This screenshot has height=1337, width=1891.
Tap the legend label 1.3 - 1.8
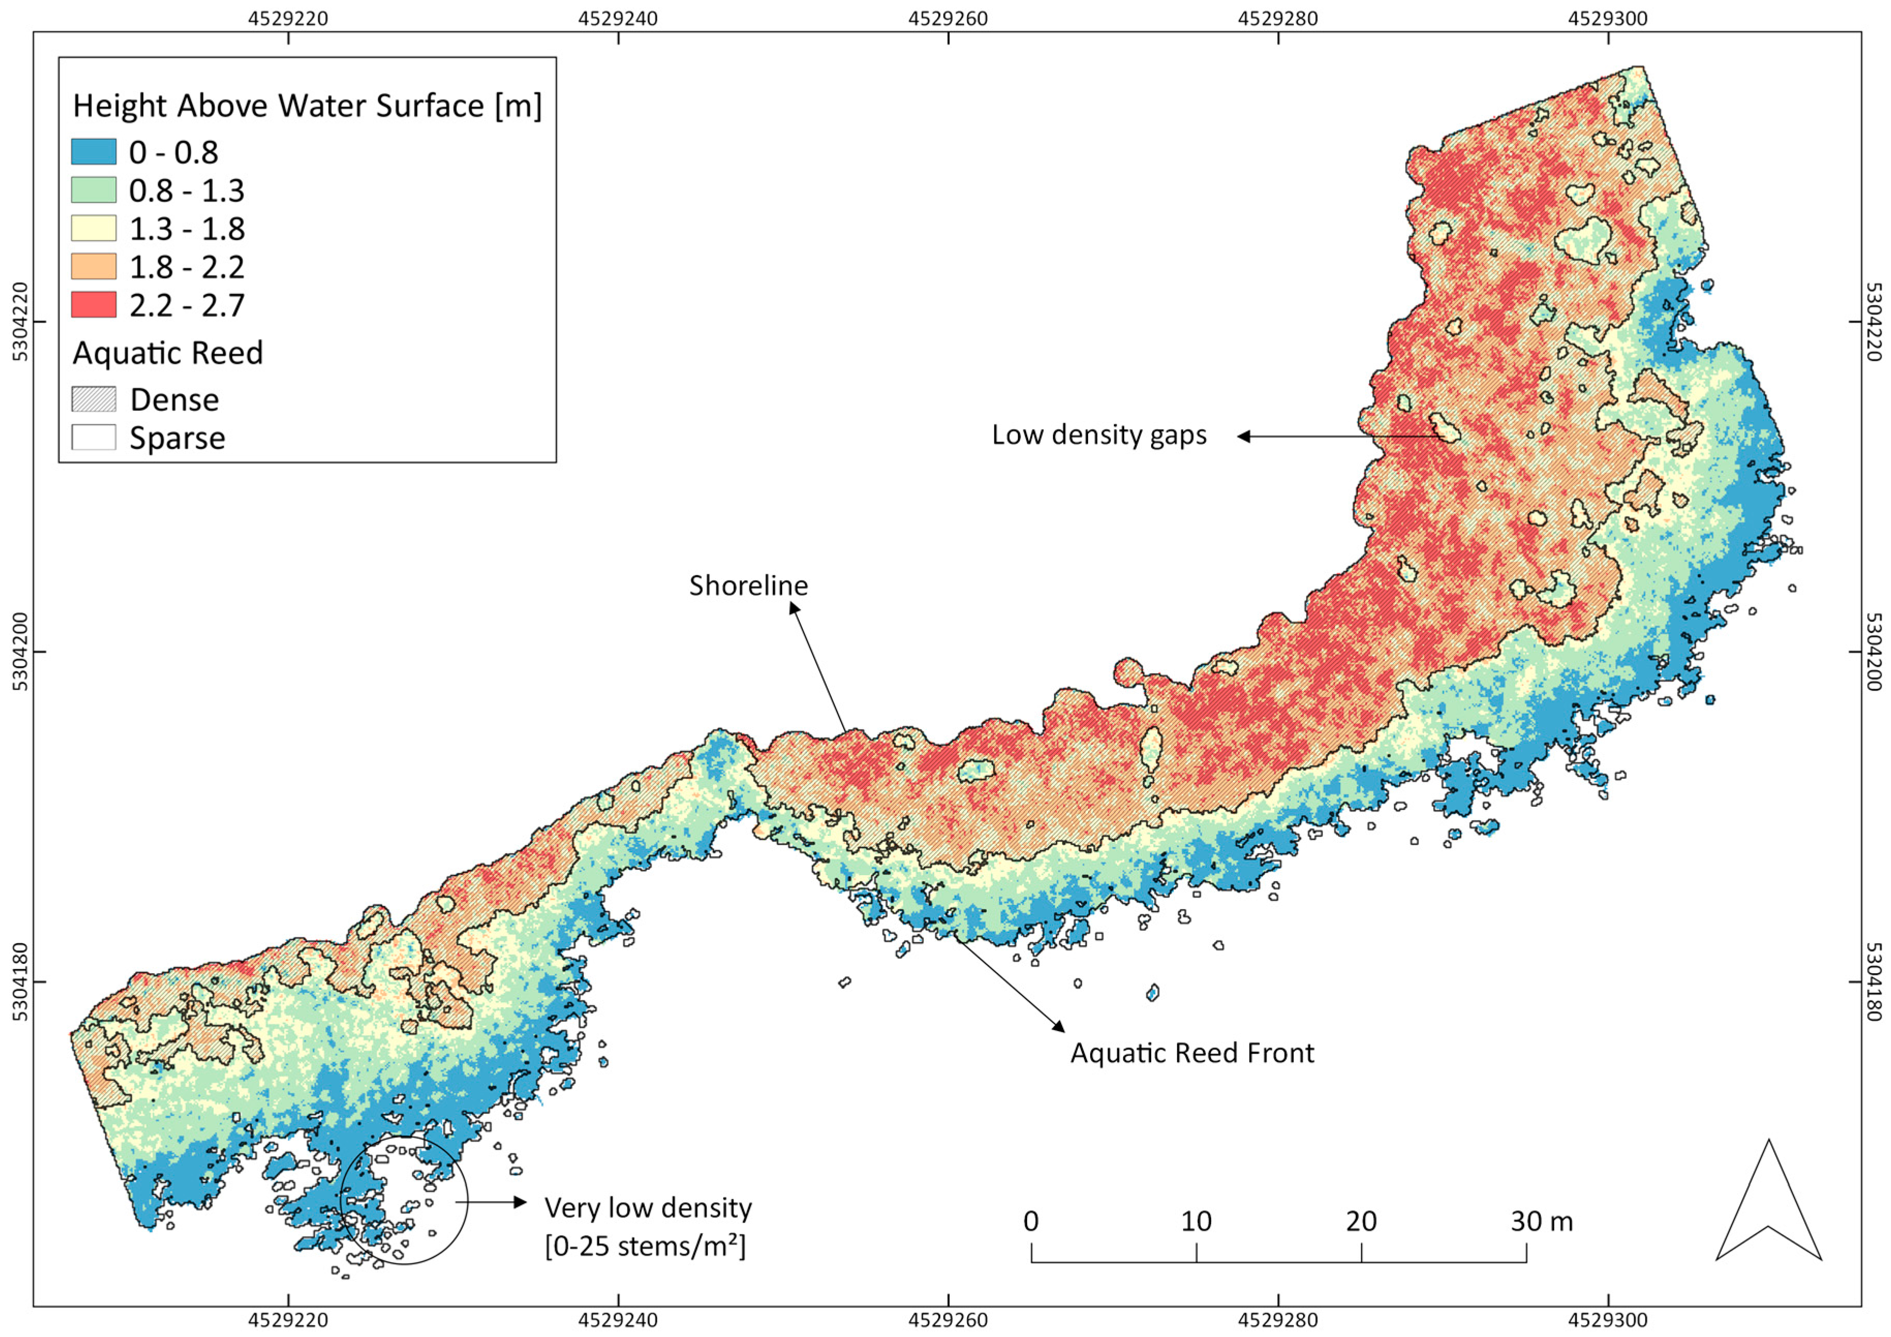(x=187, y=229)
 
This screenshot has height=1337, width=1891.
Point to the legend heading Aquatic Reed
(x=168, y=352)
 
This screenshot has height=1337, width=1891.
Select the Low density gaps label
(x=1098, y=435)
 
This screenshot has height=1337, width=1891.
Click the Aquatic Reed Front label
(x=1192, y=1053)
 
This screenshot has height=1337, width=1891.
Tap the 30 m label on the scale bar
(x=1541, y=1221)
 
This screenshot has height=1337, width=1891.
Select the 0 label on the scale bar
(x=1031, y=1221)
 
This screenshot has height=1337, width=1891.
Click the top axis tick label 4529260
(x=949, y=18)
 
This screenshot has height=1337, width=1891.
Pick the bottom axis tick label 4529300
(x=1608, y=1320)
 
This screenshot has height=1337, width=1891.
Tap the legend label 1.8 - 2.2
(x=187, y=267)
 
